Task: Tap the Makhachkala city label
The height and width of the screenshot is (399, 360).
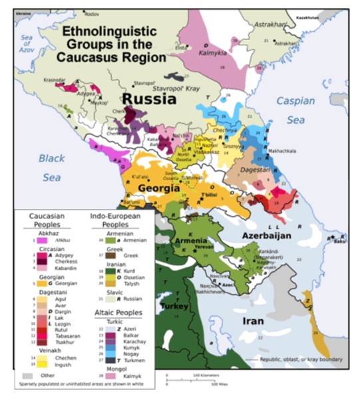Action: (x=281, y=151)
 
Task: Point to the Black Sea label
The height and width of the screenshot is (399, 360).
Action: (x=51, y=168)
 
